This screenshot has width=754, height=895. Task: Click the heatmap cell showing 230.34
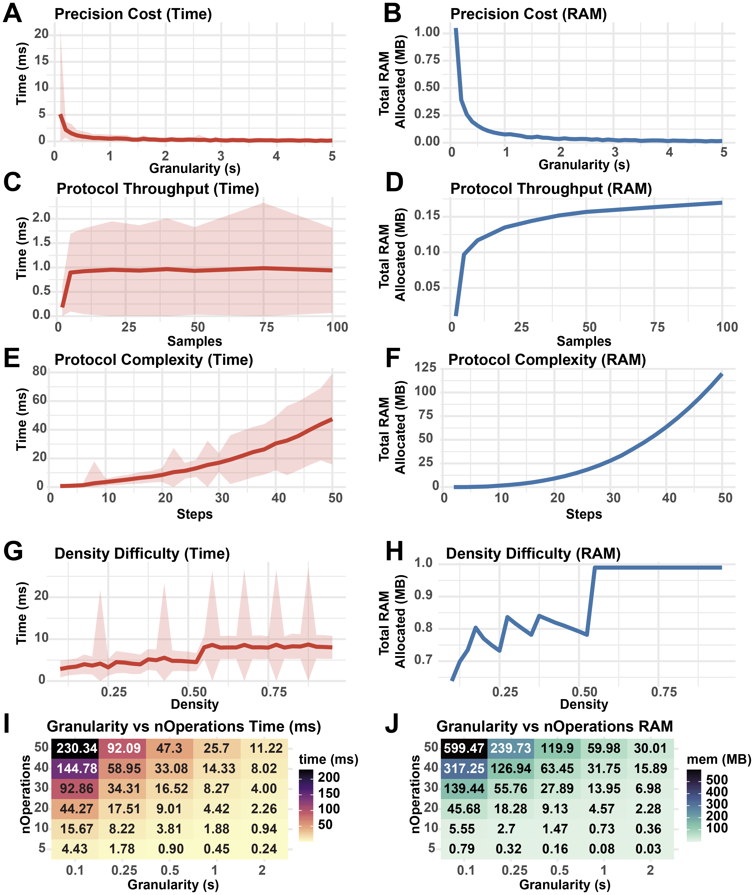75,748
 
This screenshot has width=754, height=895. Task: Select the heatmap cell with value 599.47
464,748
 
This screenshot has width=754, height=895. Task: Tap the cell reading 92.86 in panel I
75,789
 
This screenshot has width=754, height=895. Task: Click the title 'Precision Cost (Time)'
133,14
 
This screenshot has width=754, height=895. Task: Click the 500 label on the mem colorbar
717,780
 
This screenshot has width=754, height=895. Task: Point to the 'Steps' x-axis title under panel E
194,514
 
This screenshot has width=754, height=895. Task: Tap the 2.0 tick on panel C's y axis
41,218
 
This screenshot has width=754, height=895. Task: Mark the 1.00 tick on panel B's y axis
427,32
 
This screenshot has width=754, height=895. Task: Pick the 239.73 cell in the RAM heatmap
510,748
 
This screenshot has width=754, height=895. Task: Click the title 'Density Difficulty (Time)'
142,554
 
